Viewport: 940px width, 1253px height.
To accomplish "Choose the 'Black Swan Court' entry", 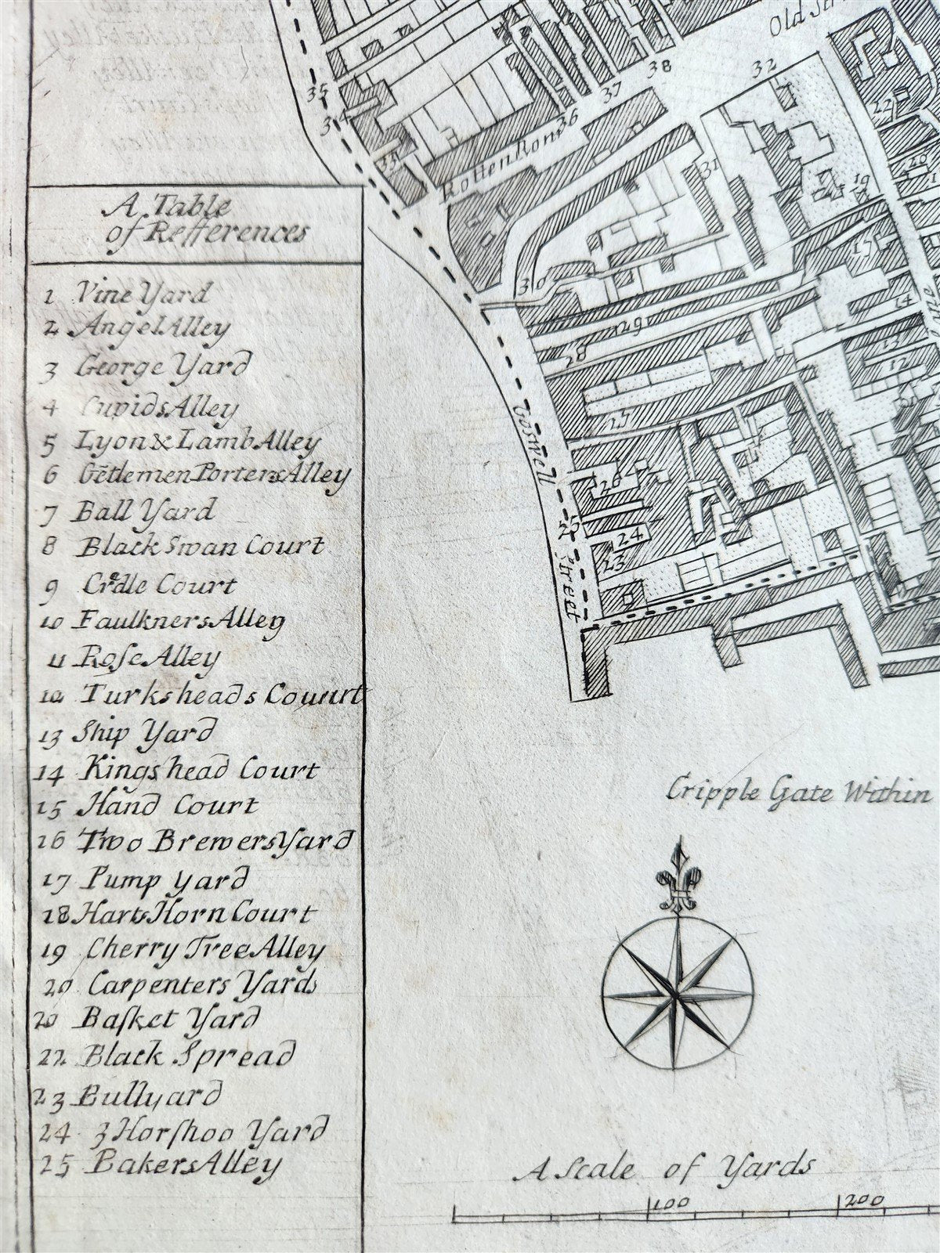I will pos(183,546).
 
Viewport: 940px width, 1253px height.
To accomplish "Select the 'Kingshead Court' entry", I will pos(180,770).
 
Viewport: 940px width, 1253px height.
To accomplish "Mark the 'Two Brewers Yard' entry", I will pos(193,842).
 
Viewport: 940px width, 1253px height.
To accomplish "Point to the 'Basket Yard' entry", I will pos(149,1020).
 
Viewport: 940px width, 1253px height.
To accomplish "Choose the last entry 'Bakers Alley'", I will pos(161,1165).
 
